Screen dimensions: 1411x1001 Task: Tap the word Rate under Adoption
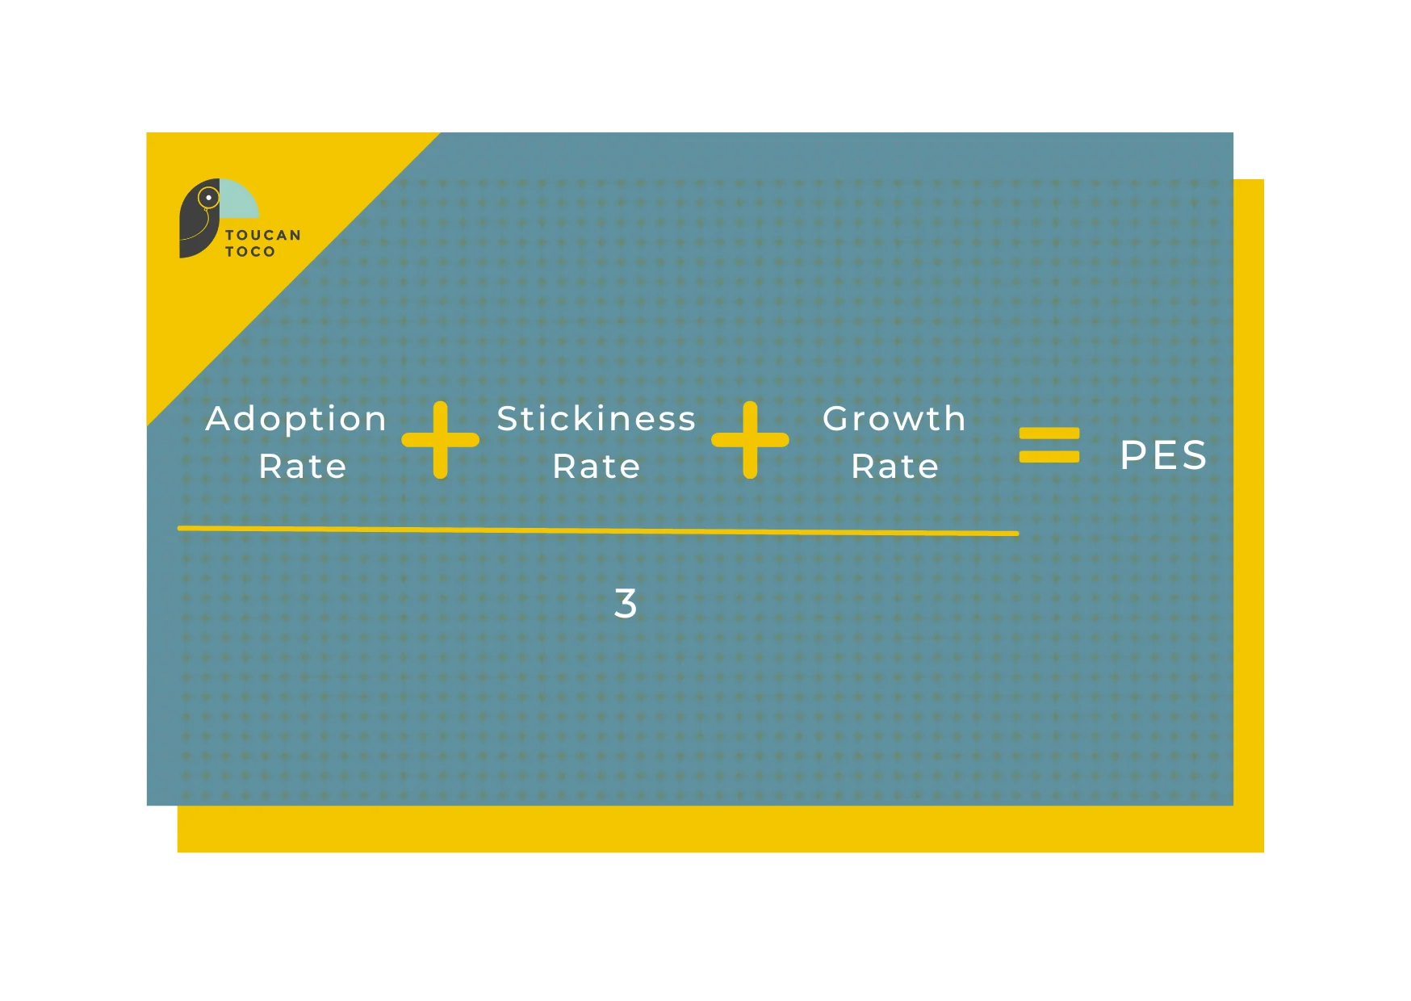click(x=303, y=467)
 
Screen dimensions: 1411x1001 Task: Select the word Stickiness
click(x=597, y=418)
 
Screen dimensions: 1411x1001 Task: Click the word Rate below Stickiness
click(x=597, y=467)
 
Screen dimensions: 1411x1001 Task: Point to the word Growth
click(x=894, y=418)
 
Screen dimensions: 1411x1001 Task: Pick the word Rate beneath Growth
click(x=895, y=467)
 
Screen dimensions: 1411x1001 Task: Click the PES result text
click(x=1163, y=454)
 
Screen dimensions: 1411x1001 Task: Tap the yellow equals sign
click(x=1049, y=445)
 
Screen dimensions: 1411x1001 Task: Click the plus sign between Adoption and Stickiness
click(x=440, y=440)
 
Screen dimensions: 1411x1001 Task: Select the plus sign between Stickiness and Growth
click(x=750, y=440)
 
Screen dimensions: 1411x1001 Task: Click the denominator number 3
click(x=626, y=603)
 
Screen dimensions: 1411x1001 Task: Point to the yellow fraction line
click(x=598, y=530)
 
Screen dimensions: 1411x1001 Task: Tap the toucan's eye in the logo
click(x=208, y=197)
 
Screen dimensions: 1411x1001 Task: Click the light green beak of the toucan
click(x=238, y=199)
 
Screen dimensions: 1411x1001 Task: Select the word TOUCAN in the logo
click(x=263, y=235)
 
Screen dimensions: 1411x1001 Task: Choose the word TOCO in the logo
click(x=250, y=251)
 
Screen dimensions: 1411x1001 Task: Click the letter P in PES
click(x=1133, y=454)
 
